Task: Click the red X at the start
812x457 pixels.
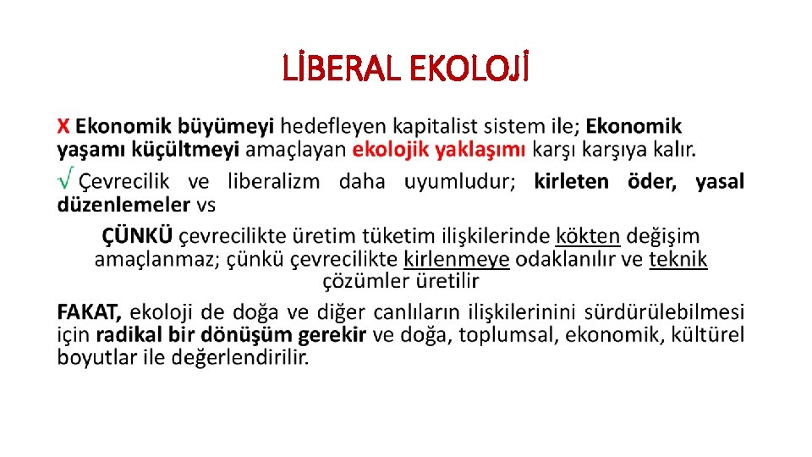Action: [x=64, y=127]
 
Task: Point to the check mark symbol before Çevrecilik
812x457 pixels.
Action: [x=64, y=179]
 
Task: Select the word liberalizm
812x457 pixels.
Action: [x=273, y=181]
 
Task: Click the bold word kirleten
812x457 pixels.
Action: [x=571, y=181]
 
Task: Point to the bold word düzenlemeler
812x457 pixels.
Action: [x=123, y=204]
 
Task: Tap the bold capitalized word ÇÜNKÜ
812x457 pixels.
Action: [x=138, y=235]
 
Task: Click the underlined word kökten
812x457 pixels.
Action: [x=588, y=235]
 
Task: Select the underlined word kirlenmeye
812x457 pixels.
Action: [x=457, y=259]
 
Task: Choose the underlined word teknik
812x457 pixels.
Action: [x=678, y=259]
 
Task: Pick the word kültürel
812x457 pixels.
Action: [x=709, y=334]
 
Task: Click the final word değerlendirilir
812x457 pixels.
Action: [x=239, y=358]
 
